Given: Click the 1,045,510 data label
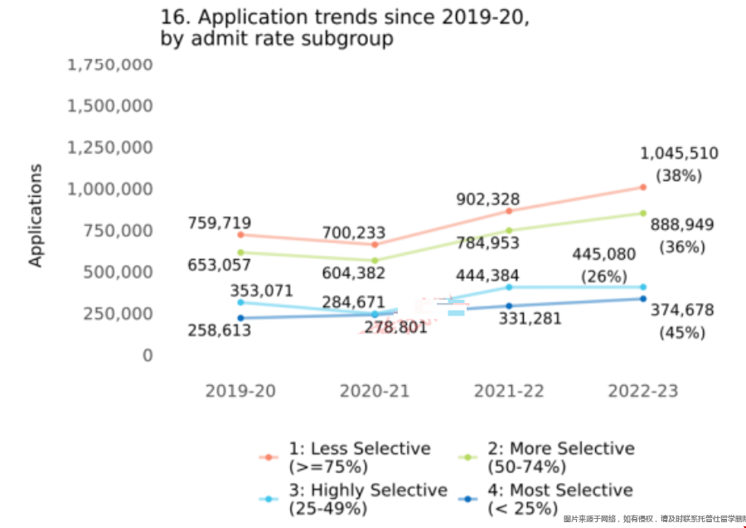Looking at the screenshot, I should (679, 154).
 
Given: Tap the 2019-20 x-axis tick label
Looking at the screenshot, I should (240, 390).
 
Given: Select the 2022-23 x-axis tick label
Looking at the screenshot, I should (642, 390).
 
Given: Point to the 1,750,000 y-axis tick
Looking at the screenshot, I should (110, 65).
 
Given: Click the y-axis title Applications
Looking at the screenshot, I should (35, 215).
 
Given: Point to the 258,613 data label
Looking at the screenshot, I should (219, 330).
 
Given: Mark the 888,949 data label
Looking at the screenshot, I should (682, 225).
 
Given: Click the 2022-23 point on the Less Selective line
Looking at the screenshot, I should (643, 188).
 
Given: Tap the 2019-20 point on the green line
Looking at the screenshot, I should (240, 252).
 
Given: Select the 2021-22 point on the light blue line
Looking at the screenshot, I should (509, 287).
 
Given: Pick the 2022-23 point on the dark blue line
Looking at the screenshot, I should (643, 299).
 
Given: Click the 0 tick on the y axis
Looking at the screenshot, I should (147, 355).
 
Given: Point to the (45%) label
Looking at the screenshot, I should (682, 333).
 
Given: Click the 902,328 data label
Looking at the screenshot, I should (488, 200).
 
